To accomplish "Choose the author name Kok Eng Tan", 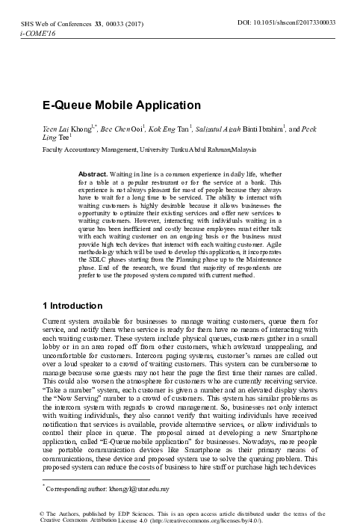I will (x=165, y=129).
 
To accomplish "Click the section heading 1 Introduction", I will (x=72, y=306).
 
